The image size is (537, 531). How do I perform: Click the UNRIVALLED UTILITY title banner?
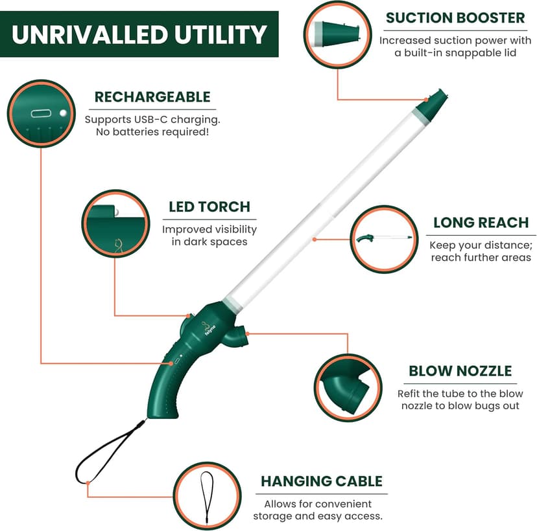pyautogui.click(x=139, y=34)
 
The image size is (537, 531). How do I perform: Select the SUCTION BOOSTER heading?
pyautogui.click(x=455, y=17)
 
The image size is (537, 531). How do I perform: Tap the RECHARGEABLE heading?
pyautogui.click(x=152, y=97)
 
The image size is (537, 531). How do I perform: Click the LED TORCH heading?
pyautogui.click(x=209, y=207)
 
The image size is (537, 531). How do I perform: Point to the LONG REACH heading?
pyautogui.click(x=481, y=223)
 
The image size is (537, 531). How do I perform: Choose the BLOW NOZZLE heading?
pyautogui.click(x=460, y=371)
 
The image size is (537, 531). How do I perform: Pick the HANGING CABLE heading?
pyautogui.click(x=321, y=481)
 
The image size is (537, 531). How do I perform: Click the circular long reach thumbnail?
pyautogui.click(x=384, y=239)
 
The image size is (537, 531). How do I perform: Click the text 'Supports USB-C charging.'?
pyautogui.click(x=152, y=120)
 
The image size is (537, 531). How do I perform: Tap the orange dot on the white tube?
pyautogui.click(x=315, y=239)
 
